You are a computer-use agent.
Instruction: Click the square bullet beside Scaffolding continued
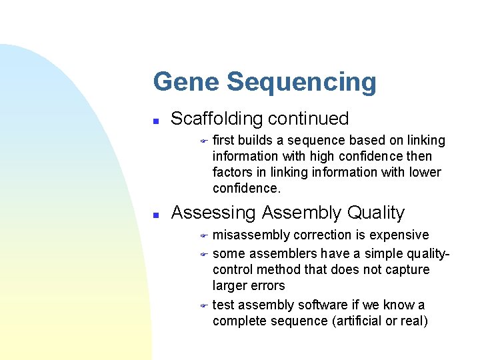point(155,121)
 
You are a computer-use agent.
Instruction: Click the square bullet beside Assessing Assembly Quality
point(155,215)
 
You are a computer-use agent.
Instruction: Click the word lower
point(425,172)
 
